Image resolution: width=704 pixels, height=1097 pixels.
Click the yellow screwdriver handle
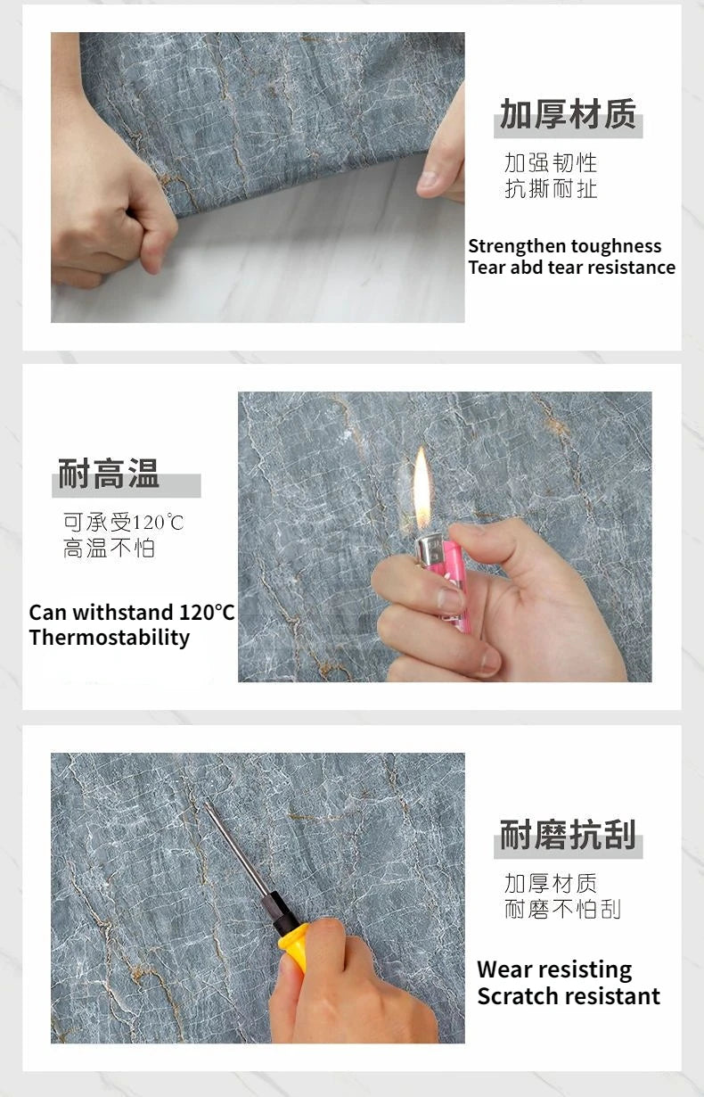coord(295,946)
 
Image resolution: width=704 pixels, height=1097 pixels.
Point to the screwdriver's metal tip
coord(210,807)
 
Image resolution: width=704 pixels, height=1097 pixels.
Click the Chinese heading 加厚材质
coord(568,115)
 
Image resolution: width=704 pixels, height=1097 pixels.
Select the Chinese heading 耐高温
coord(109,474)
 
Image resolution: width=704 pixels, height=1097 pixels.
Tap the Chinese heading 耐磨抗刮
coord(568,836)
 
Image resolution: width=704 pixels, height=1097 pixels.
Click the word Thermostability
coord(109,638)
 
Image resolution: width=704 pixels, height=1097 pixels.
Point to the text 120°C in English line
coord(207,613)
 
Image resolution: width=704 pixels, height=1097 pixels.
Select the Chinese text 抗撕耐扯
coord(551,189)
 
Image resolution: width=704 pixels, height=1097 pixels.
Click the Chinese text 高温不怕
coord(109,548)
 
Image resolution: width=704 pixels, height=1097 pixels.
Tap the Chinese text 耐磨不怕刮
coord(562,910)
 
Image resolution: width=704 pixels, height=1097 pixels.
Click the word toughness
coord(617,246)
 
